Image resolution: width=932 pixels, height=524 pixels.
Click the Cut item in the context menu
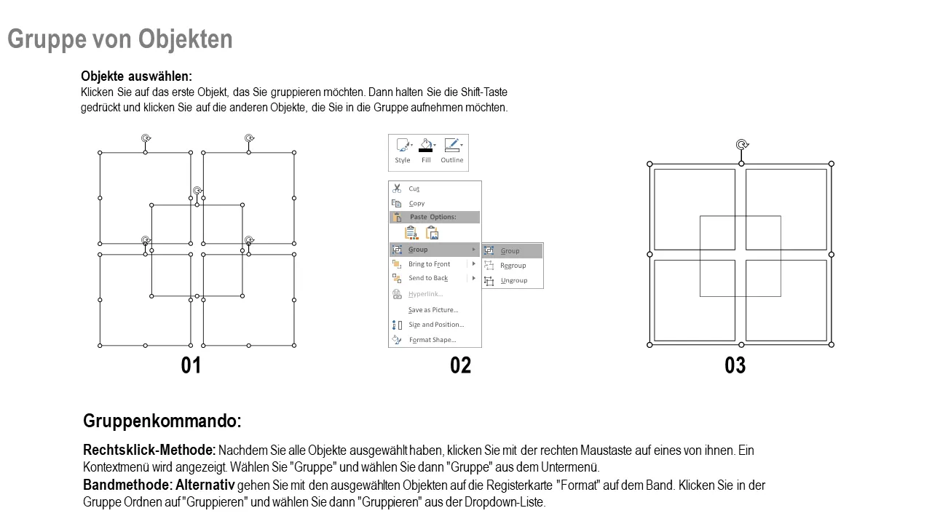tap(414, 188)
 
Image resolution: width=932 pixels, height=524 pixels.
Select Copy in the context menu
tap(416, 203)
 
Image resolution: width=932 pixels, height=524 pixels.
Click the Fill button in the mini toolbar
tap(426, 151)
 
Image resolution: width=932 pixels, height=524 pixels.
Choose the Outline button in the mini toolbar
tap(452, 151)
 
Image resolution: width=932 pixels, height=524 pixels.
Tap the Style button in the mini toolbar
tap(403, 151)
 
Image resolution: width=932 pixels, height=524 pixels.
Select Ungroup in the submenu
tap(513, 280)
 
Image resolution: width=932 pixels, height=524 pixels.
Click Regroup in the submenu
tap(513, 266)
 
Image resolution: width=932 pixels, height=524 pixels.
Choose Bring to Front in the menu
tap(429, 264)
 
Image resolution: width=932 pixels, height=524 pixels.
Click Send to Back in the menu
tap(427, 278)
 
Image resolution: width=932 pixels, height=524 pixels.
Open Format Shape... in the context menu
tap(433, 340)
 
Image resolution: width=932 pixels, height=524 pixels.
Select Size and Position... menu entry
tap(436, 325)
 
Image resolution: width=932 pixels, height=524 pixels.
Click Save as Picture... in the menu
tap(433, 310)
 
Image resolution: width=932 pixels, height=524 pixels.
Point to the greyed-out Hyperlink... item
tap(425, 294)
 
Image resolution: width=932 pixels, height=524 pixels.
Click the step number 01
tap(191, 365)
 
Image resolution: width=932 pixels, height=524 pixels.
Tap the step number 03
tap(735, 365)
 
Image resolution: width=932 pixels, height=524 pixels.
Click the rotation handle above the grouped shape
tap(742, 145)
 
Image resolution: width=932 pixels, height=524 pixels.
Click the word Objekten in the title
tap(185, 39)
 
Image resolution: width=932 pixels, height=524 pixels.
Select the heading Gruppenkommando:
tap(162, 421)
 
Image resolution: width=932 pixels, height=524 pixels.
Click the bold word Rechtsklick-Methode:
tap(149, 450)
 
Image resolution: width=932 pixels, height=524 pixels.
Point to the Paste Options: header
tap(433, 217)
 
